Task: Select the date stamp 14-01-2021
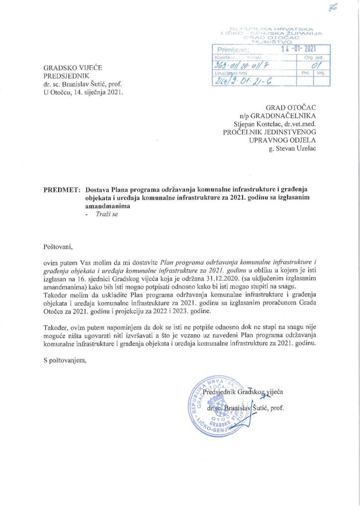[x=298, y=49]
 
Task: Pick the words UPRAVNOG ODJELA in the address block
[x=283, y=140]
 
